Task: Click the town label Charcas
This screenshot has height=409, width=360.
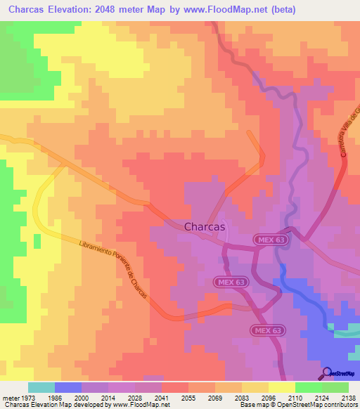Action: click(x=204, y=227)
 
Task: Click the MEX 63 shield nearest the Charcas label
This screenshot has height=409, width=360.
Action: click(x=268, y=240)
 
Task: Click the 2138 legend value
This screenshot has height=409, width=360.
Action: click(x=349, y=397)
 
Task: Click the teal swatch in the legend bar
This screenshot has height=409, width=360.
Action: click(x=41, y=387)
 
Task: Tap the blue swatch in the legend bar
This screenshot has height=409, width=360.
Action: click(x=68, y=387)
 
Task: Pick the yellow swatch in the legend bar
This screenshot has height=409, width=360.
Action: click(x=281, y=387)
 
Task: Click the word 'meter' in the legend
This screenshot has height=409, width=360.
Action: click(x=11, y=397)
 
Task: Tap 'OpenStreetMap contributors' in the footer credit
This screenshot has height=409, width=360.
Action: click(x=318, y=405)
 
